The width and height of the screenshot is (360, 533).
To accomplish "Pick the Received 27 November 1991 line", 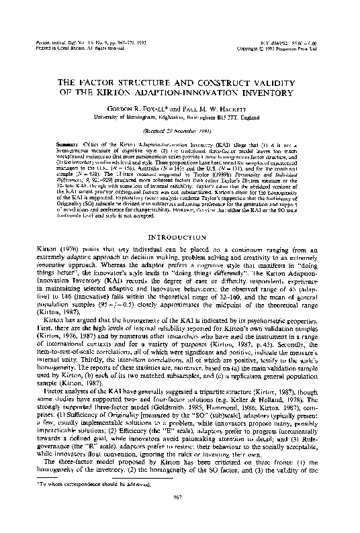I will tap(180, 132).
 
